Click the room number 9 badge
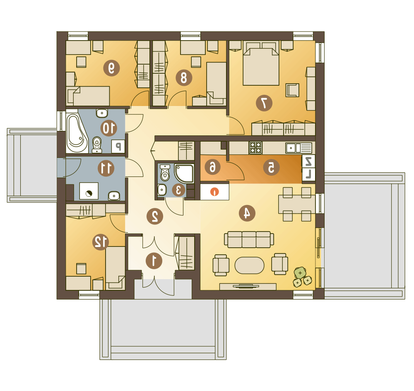tap(111, 68)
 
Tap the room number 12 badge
tap(101, 241)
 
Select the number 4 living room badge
tap(247, 213)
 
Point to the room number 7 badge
tap(264, 103)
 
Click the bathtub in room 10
tap(77, 133)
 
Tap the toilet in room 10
tap(97, 145)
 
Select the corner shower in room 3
tap(185, 173)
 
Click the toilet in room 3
tap(165, 173)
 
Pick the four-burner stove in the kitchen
tap(255, 148)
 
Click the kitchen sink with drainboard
tap(298, 148)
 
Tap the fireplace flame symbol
tap(214, 192)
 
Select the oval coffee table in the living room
tap(249, 265)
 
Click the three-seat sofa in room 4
tap(249, 239)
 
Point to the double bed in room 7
tap(261, 63)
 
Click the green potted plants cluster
tap(302, 277)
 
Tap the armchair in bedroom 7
tap(292, 90)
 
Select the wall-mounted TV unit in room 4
tap(248, 286)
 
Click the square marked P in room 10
tap(118, 146)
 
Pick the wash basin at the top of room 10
tap(102, 113)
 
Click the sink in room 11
tap(114, 196)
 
